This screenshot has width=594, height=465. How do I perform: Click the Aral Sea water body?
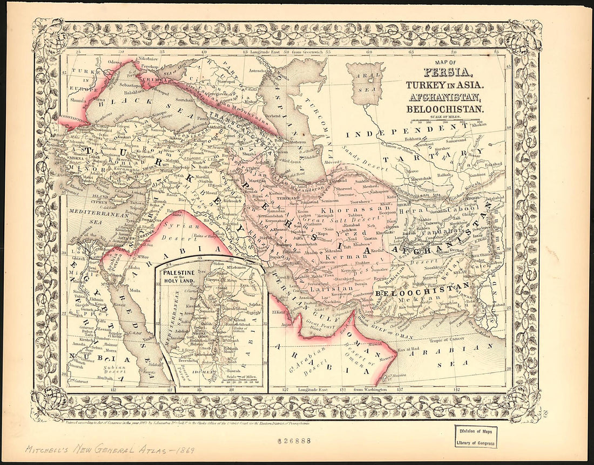point(365,84)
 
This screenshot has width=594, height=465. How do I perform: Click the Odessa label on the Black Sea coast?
point(115,61)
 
